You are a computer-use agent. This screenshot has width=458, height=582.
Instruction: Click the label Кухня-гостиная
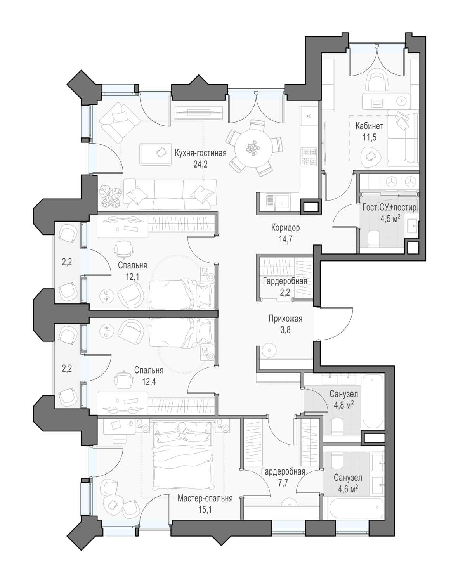click(x=200, y=153)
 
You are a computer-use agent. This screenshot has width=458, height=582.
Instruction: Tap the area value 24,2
click(x=200, y=165)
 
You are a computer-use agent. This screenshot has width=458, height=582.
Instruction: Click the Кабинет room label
click(x=369, y=126)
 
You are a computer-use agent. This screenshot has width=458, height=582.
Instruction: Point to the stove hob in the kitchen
click(x=309, y=157)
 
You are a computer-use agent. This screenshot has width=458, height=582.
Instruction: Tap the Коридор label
click(x=285, y=228)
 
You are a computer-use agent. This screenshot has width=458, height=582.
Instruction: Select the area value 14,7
click(x=285, y=239)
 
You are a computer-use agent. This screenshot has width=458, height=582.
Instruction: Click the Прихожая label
click(x=285, y=319)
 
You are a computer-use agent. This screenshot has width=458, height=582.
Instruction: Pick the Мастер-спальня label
click(x=205, y=499)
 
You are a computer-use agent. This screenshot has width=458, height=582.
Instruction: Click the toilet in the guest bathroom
click(x=375, y=239)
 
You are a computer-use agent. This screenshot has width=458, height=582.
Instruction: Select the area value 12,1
click(x=132, y=277)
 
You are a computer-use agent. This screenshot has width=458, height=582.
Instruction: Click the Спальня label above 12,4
click(x=149, y=370)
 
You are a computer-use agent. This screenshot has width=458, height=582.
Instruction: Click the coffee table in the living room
click(x=156, y=154)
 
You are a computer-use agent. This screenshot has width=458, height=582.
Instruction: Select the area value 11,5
click(x=370, y=137)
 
